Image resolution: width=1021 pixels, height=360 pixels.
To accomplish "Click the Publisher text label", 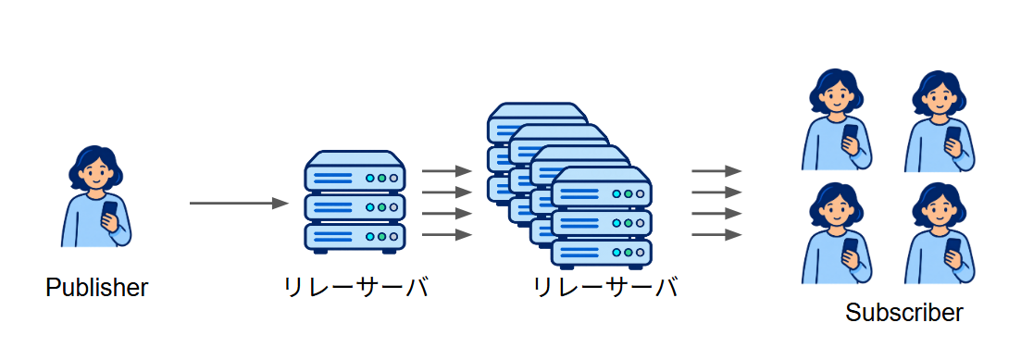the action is coord(97,287).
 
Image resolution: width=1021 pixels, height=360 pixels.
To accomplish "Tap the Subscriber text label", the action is coord(903,313).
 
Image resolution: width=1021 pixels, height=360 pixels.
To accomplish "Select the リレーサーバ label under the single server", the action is coord(356,287).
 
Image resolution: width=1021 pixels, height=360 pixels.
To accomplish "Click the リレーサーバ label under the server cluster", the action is coord(605,287).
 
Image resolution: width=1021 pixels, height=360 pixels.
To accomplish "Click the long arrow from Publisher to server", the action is coord(239,203).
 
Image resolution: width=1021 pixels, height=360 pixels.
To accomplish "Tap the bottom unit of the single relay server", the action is coord(355,238).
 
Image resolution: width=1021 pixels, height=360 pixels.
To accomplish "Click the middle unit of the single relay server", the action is coord(355,207).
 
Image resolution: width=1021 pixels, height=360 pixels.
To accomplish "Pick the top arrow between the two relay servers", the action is coord(447,171).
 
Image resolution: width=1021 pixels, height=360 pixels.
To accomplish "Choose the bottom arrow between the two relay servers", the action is coord(447,234).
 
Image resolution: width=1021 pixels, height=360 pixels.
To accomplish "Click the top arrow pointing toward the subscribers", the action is coord(716,171).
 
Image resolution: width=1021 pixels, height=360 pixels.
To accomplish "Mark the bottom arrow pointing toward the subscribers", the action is coord(716,234).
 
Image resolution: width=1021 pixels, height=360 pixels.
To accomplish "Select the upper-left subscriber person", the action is coord(837,120).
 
